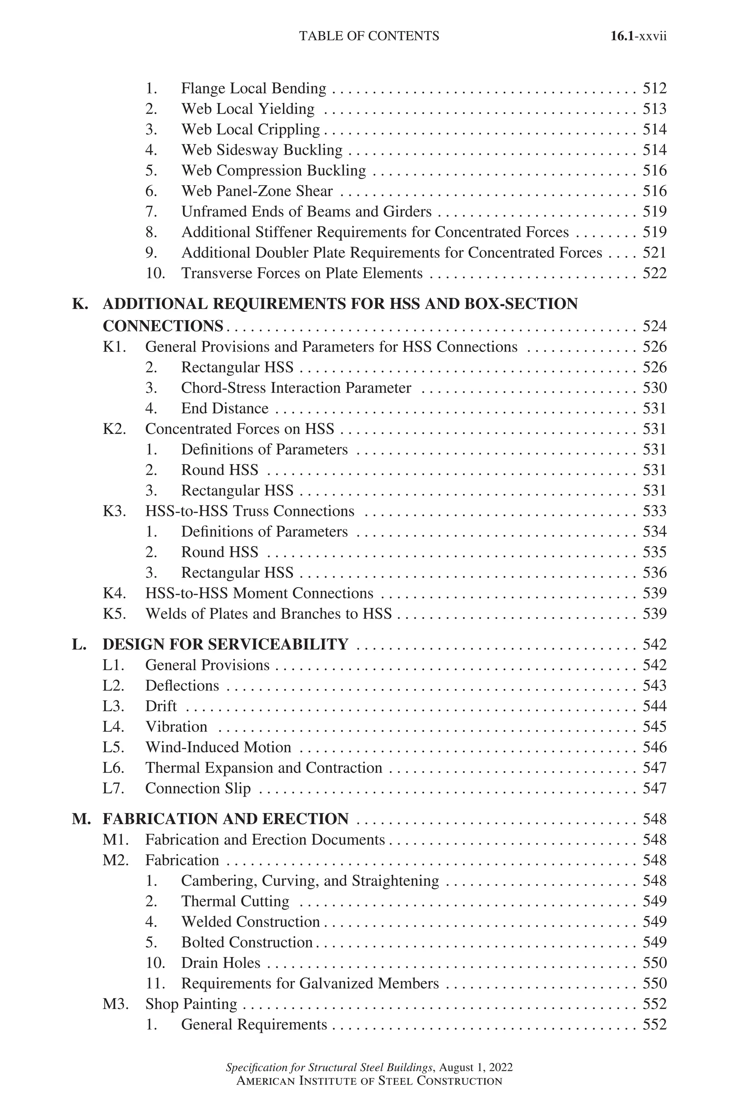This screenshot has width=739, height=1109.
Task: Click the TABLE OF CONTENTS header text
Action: pyautogui.click(x=369, y=36)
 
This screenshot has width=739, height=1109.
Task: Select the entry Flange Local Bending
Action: pyautogui.click(x=254, y=89)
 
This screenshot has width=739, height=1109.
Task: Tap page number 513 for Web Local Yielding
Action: pyautogui.click(x=655, y=109)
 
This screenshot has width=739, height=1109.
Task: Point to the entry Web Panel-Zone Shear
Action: pyautogui.click(x=257, y=191)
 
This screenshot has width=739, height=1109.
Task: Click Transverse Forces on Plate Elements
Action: pyautogui.click(x=302, y=274)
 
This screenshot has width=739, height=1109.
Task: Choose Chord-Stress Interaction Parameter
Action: pyautogui.click(x=296, y=388)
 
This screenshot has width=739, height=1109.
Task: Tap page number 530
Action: pyautogui.click(x=655, y=388)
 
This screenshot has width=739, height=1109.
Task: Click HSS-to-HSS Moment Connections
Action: pyautogui.click(x=259, y=593)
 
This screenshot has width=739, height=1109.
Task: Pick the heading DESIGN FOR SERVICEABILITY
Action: pyautogui.click(x=225, y=644)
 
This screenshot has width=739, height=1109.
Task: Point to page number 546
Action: pyautogui.click(x=655, y=747)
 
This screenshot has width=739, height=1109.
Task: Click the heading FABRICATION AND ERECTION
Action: pyautogui.click(x=225, y=819)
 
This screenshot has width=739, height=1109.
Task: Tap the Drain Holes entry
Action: pyautogui.click(x=220, y=963)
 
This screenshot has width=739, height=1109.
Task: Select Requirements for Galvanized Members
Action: pyautogui.click(x=310, y=984)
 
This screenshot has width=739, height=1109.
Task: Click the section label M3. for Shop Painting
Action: pyautogui.click(x=115, y=1004)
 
